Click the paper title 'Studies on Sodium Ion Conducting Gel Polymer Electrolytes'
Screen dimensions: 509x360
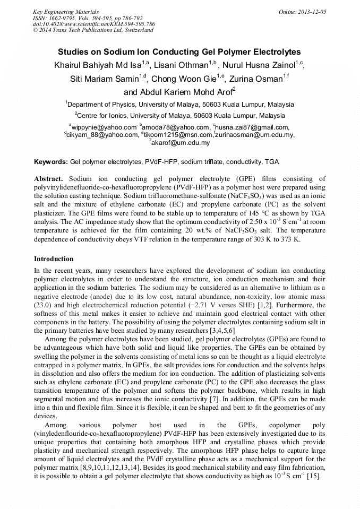179,52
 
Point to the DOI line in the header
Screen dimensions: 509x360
94,24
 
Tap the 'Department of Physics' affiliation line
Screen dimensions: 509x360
179,105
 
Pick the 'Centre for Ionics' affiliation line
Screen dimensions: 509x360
179,115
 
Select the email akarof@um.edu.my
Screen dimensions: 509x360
181,143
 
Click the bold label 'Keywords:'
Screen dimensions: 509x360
51,161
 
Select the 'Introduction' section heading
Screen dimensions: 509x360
54,259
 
